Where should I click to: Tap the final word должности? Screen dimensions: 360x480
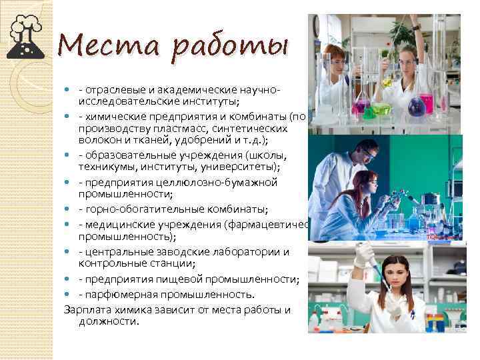click(x=109, y=321)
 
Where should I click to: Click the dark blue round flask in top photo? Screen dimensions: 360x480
click(x=416, y=105)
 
